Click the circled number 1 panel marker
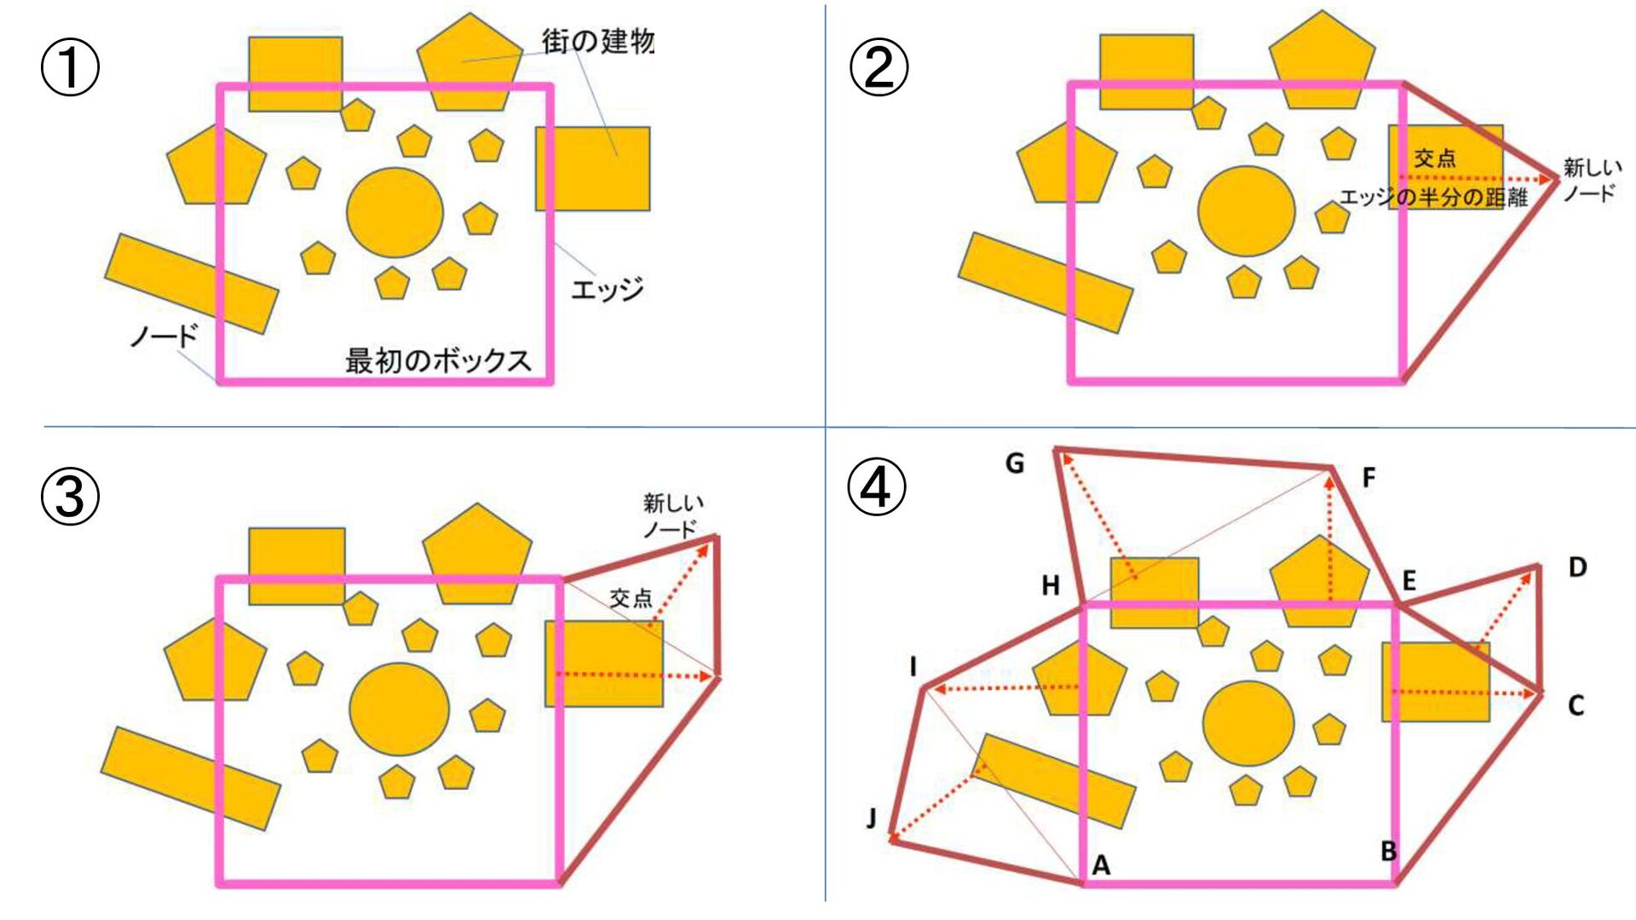(70, 69)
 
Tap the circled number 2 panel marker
(878, 68)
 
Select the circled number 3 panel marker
(70, 497)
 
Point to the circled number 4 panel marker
(877, 487)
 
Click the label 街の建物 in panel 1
(597, 40)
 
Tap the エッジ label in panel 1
(607, 290)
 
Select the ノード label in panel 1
(164, 336)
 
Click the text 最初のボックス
(438, 360)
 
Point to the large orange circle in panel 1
(395, 212)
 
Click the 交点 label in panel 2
(1435, 158)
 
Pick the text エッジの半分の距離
(1434, 198)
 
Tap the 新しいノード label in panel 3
(671, 516)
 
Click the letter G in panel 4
(1014, 463)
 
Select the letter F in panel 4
(1368, 478)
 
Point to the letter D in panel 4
(1577, 567)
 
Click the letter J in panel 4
(871, 819)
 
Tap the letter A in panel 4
(1101, 865)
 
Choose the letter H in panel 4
(1051, 586)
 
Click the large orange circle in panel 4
(1248, 724)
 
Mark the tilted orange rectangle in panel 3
(191, 778)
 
